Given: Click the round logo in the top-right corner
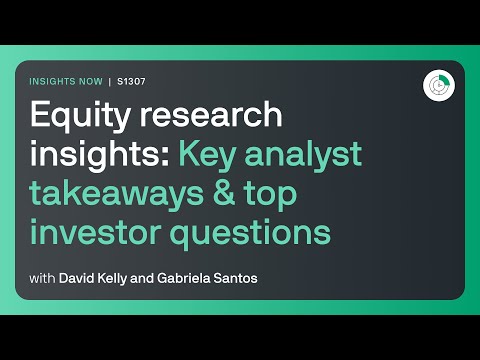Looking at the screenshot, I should pos(436,85).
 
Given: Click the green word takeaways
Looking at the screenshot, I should pos(119,194).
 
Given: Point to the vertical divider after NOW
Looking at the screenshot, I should pos(111,81).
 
